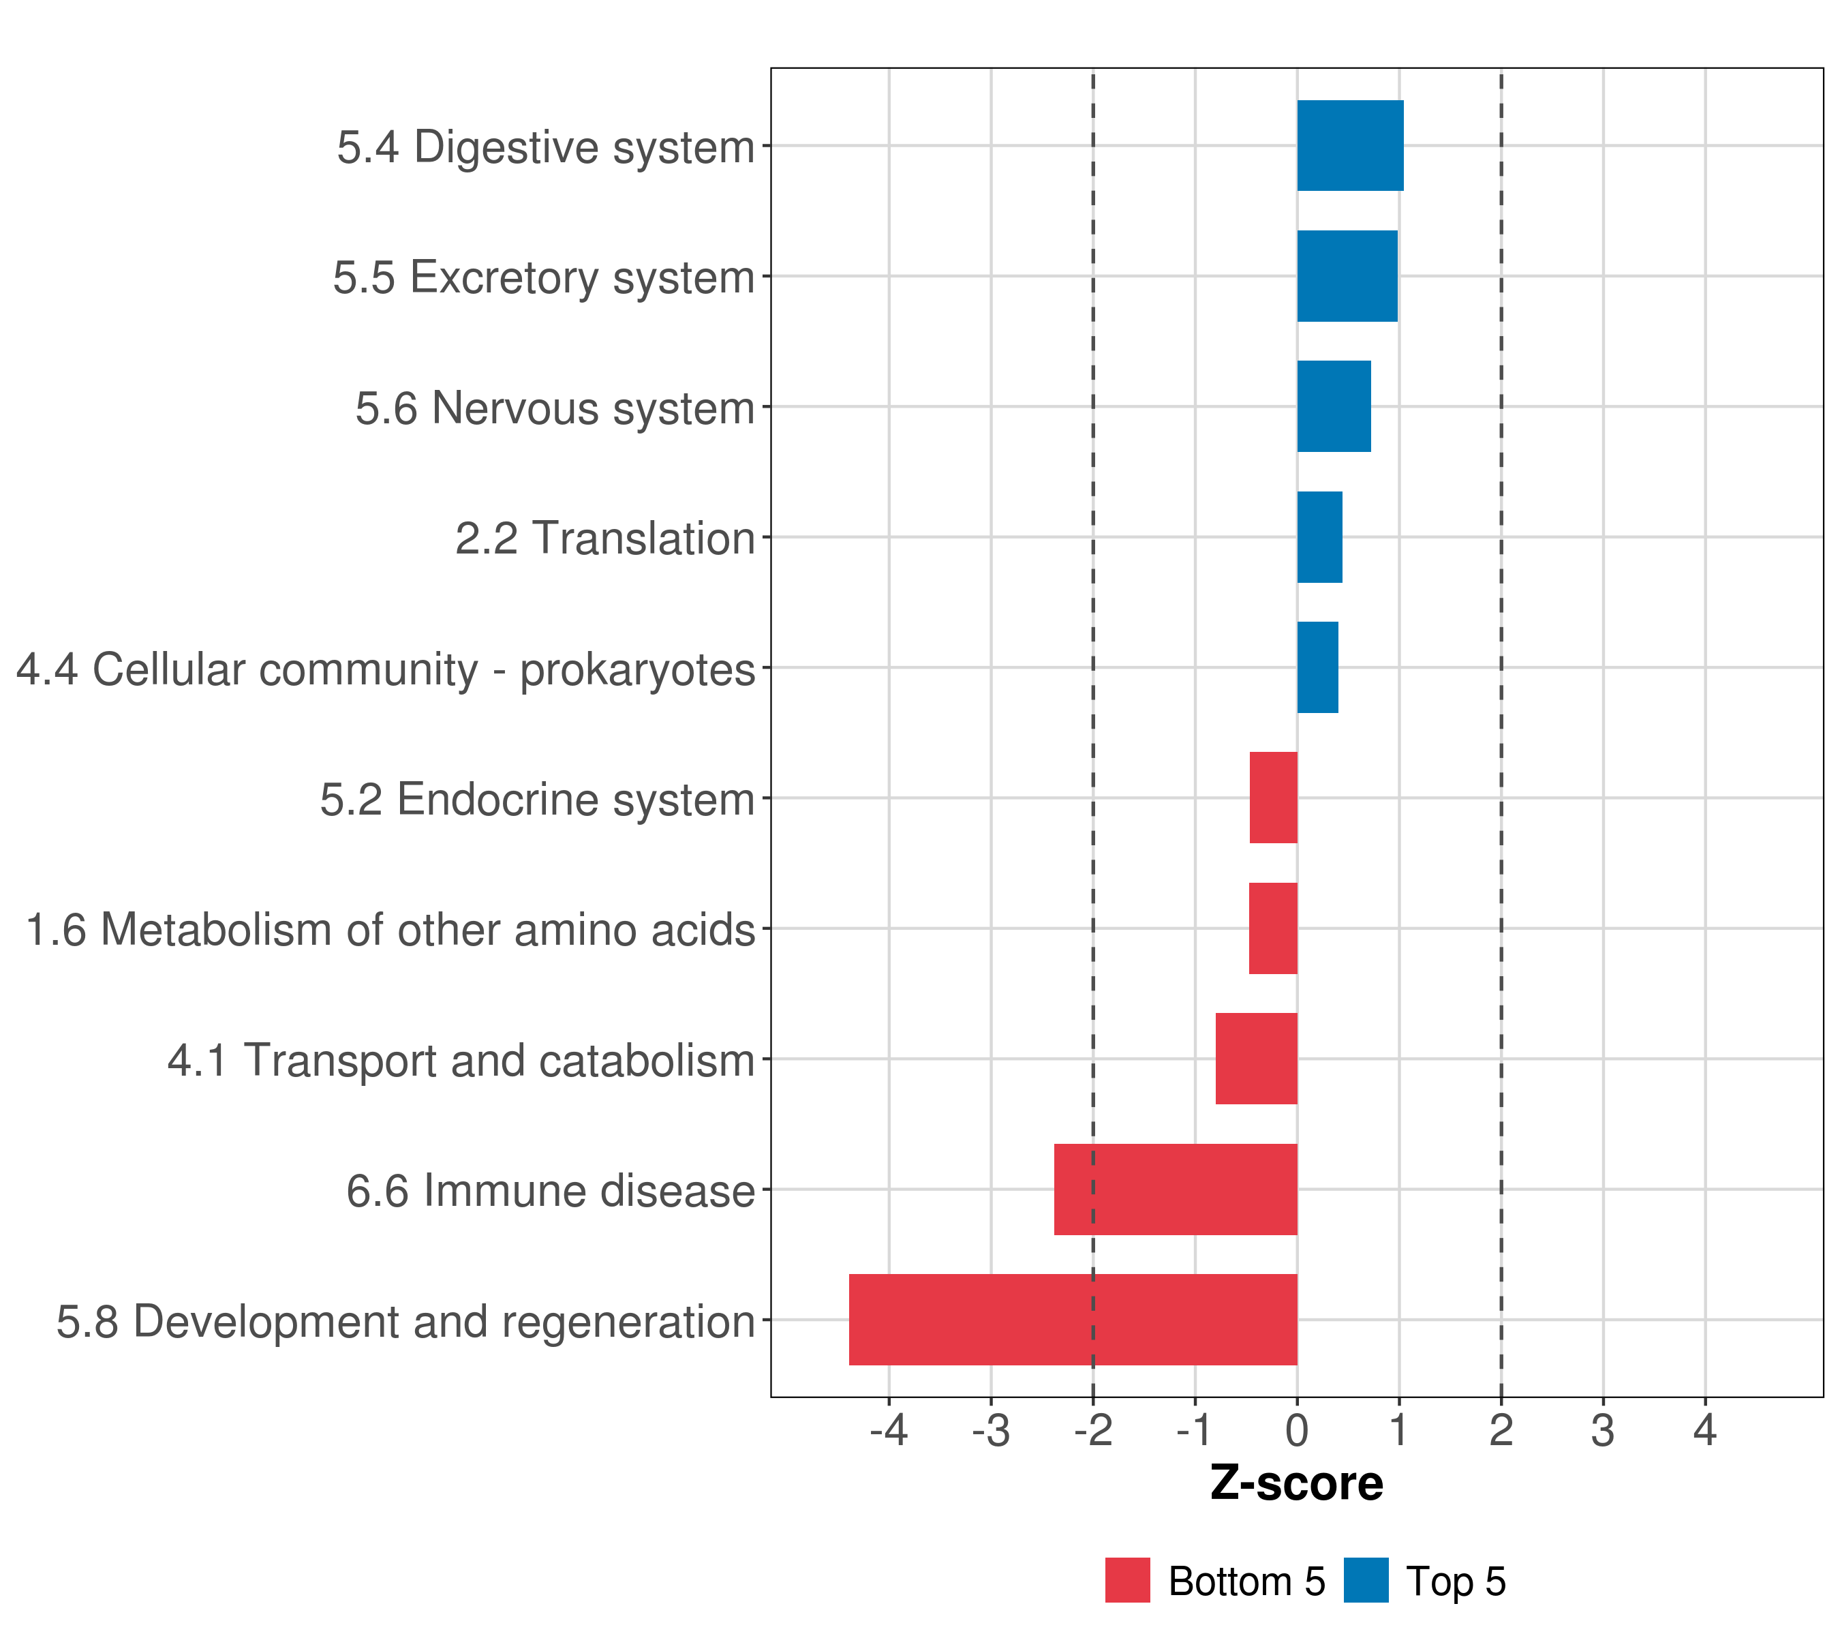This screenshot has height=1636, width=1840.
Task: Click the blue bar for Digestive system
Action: point(1349,146)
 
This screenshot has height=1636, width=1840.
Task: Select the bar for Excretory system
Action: point(1347,277)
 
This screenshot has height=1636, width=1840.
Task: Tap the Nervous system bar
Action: point(1333,406)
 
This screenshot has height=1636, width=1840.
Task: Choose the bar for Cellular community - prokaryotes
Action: point(1317,667)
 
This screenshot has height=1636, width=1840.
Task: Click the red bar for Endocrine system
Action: point(1273,798)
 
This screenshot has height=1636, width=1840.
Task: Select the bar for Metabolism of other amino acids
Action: point(1273,928)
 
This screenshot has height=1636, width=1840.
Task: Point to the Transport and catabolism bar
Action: point(1256,1059)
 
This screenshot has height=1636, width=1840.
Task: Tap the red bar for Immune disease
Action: point(1175,1190)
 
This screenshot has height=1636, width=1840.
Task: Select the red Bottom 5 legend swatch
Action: point(1127,1581)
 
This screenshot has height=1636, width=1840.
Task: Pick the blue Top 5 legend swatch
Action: point(1366,1581)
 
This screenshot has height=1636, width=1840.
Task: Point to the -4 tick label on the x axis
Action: point(889,1431)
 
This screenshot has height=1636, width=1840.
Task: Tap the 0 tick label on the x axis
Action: point(1296,1431)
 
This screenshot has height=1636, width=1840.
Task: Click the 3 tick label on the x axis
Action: point(1602,1431)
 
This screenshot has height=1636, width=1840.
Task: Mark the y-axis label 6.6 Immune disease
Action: point(550,1191)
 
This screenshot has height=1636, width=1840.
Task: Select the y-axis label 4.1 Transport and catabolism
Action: point(461,1061)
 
